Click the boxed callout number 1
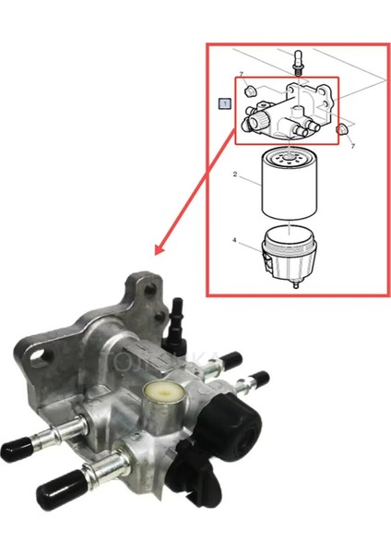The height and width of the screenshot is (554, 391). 223,102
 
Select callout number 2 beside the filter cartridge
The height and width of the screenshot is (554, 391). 235,173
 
